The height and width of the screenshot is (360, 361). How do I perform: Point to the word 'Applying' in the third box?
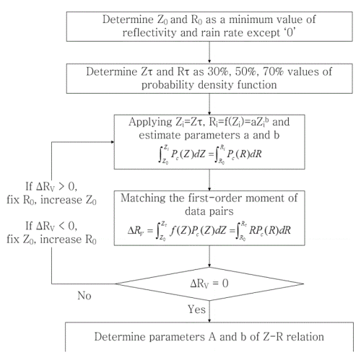click(x=150, y=122)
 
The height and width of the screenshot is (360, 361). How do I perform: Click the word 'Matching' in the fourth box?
click(x=143, y=198)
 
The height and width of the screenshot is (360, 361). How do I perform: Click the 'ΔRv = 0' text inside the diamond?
click(x=209, y=284)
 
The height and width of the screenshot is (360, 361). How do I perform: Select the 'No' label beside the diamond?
click(x=84, y=296)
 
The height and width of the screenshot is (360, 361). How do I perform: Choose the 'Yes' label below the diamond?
click(x=196, y=309)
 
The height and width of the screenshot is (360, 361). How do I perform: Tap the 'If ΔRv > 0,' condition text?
click(x=51, y=187)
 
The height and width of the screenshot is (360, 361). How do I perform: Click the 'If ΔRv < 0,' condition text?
click(x=51, y=226)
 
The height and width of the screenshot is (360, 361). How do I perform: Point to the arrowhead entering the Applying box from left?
click(x=113, y=142)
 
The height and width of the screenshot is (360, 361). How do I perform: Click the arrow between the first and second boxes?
click(x=209, y=53)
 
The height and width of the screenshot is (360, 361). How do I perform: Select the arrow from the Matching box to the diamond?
click(x=209, y=256)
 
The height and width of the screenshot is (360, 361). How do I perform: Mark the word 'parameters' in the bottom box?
click(x=178, y=337)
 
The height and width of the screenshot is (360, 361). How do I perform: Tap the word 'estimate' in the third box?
click(x=159, y=136)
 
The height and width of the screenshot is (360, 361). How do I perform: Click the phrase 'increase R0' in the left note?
click(x=69, y=240)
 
